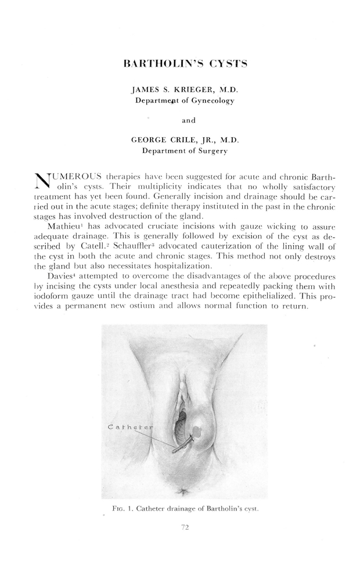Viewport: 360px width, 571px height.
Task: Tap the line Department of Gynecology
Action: [185, 101]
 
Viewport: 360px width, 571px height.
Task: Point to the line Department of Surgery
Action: [185, 150]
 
